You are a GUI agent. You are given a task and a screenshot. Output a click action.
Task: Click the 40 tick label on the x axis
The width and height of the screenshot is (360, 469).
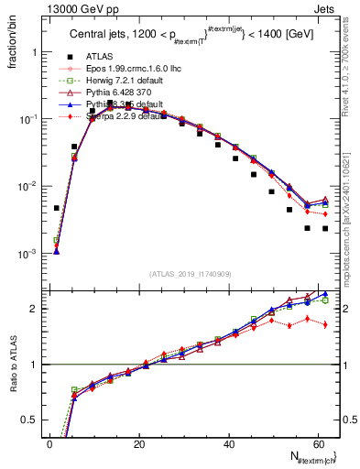point(228,443)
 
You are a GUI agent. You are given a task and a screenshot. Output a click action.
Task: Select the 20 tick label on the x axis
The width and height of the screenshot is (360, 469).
point(139,443)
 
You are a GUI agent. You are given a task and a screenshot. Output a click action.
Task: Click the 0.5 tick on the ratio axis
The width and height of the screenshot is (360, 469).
point(30,420)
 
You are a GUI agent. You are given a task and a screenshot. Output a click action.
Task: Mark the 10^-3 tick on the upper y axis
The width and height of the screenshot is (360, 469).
point(27,253)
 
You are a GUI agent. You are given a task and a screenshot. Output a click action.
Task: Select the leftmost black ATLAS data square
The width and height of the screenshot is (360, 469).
point(57,208)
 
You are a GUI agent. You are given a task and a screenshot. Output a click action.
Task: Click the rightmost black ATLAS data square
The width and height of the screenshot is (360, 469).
point(325,228)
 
